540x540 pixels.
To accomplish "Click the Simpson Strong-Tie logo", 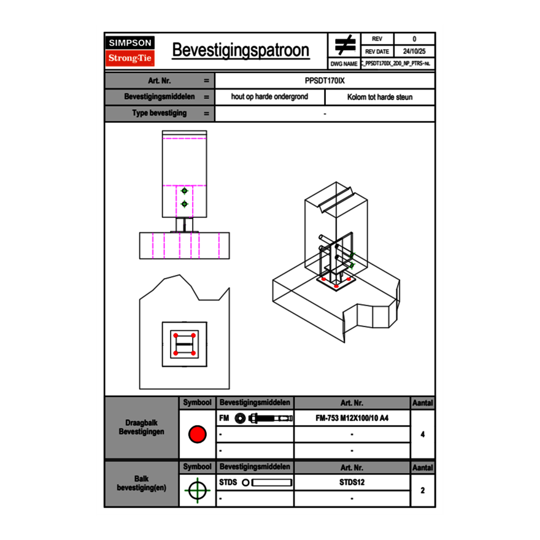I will pos(131,51).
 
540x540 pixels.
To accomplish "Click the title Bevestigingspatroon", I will pos(241,50).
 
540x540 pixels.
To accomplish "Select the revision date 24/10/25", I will pos(414,52).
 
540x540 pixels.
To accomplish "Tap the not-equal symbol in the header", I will pos(345,45).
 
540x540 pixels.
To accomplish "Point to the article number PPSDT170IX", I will pos(325,80).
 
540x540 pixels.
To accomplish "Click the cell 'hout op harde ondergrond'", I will pos(269,97).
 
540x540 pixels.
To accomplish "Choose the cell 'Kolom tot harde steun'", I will pos(380,97).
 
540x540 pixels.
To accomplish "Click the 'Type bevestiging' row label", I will pos(160,114).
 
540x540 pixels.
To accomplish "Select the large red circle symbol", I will pos(197,434).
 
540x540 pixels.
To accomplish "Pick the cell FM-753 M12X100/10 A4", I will pos(352,418).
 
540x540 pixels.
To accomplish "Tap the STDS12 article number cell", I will pos(352,482).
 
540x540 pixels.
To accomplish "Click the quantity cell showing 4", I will pos(422,434).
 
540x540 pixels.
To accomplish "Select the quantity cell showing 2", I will pos(422,490).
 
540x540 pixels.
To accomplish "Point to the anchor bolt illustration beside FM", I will pos(263,418).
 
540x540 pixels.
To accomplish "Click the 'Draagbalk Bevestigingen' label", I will pos(142,428).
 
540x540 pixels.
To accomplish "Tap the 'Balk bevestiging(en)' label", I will pos(142,483).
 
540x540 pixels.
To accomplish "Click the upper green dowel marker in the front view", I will pos(184,191).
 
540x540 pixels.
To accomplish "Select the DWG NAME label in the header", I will pos(344,63).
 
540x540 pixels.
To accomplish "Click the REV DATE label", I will pos(377,52).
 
